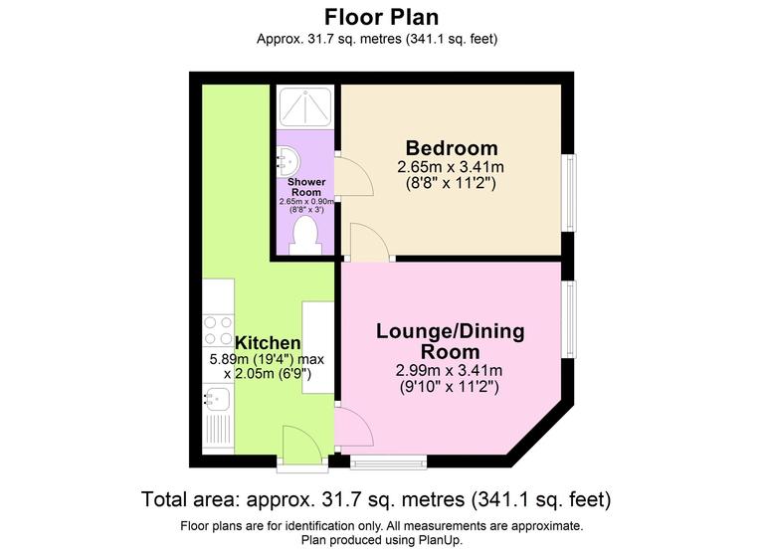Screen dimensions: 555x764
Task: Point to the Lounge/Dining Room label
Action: click(450, 341)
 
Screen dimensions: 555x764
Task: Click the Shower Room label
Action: click(306, 188)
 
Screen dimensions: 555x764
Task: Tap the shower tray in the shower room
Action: click(306, 106)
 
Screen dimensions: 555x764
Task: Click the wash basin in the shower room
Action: click(286, 159)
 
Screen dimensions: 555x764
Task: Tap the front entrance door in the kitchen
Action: click(301, 446)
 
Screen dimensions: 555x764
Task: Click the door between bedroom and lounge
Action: click(369, 244)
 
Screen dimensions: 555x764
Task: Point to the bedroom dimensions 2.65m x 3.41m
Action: click(451, 166)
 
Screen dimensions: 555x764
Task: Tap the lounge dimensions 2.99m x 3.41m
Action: click(450, 370)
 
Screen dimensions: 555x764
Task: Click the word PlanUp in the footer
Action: click(437, 540)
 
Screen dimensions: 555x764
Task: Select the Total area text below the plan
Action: click(376, 498)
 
